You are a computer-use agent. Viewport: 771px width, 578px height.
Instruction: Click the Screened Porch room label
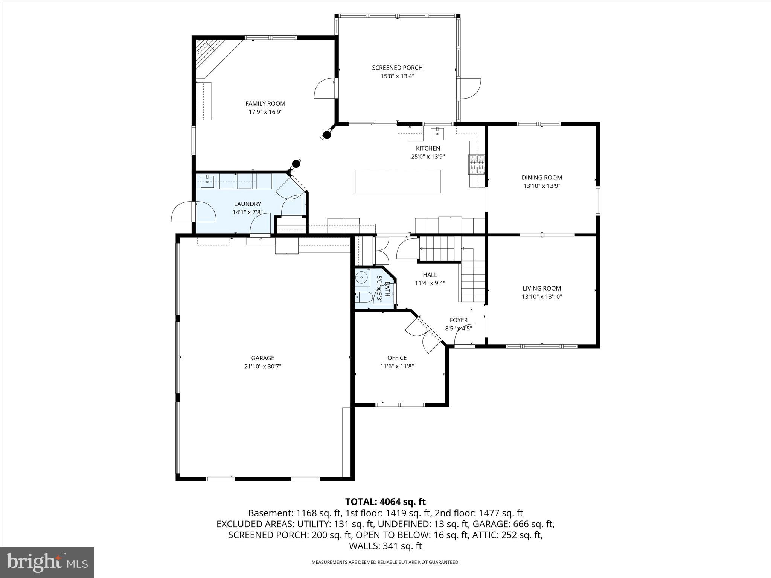(397, 68)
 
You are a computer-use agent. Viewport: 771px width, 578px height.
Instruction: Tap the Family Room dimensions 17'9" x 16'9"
(265, 112)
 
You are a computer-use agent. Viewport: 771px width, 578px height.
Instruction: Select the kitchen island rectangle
(398, 181)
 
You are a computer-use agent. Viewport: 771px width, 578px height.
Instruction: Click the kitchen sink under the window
(437, 132)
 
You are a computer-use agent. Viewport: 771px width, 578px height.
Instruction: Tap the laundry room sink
(207, 181)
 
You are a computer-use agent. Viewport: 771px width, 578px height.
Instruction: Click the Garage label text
(263, 358)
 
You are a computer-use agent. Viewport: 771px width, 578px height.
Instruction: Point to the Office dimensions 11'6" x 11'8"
(397, 366)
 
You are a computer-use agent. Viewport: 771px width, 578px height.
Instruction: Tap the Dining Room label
(542, 178)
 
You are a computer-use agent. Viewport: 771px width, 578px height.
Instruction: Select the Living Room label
(542, 288)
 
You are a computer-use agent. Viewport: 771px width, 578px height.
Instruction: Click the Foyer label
(459, 320)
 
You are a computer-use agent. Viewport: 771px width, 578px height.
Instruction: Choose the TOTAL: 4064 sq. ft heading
(385, 502)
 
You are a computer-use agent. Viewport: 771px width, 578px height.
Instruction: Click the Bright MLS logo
(47, 562)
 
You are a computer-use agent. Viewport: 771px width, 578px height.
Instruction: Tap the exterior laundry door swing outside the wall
(182, 213)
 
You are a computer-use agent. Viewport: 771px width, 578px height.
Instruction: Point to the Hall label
(430, 275)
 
